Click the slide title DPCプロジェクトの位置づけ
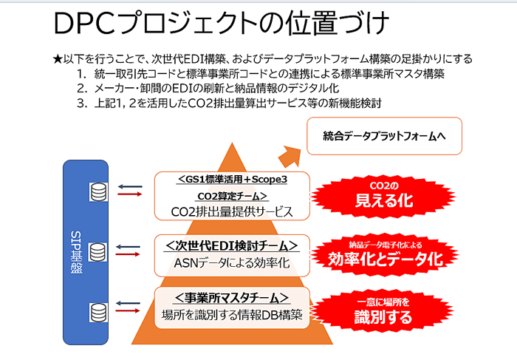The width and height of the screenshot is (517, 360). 222,23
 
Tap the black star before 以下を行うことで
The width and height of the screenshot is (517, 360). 58,59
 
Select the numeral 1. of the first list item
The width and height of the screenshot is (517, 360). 81,74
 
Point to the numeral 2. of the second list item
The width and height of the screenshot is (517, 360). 82,89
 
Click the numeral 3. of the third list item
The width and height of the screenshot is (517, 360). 82,103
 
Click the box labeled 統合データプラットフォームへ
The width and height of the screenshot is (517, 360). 384,136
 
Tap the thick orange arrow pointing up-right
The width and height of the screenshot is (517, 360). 290,157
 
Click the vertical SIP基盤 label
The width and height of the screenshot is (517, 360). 77,252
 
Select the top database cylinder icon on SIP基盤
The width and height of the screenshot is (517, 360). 98,192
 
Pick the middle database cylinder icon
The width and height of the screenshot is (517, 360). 98,252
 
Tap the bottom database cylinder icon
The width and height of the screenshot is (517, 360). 98,313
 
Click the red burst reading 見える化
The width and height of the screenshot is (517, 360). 384,196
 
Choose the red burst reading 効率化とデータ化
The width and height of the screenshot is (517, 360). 385,255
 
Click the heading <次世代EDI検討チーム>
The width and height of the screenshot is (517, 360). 231,246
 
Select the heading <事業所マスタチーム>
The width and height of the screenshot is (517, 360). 232,298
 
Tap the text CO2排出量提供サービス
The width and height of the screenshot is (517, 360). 232,211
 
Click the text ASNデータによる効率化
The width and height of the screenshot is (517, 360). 232,263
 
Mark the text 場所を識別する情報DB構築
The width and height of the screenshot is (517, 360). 232,315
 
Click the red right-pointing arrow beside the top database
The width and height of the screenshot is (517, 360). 130,194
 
